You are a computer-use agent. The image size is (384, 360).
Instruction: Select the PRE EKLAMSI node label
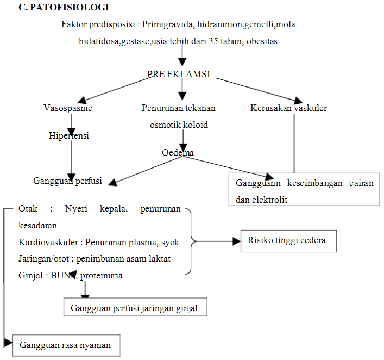click(179, 75)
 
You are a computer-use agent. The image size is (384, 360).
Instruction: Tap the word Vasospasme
click(68, 108)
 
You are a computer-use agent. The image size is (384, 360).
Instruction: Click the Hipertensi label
click(68, 136)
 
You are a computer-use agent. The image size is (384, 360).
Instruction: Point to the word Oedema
click(178, 153)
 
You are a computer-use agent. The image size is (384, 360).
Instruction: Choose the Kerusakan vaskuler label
click(288, 108)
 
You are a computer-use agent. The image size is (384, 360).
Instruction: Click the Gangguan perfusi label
click(68, 181)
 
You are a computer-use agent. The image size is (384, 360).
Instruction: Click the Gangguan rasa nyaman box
click(65, 345)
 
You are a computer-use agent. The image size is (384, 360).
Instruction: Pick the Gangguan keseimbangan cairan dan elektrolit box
click(304, 191)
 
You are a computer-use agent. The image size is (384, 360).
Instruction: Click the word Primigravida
click(167, 25)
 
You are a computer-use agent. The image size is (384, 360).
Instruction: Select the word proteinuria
click(102, 275)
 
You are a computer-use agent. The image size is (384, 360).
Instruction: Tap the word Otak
click(28, 209)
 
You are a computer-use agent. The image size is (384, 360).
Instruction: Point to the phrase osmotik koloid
click(179, 125)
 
